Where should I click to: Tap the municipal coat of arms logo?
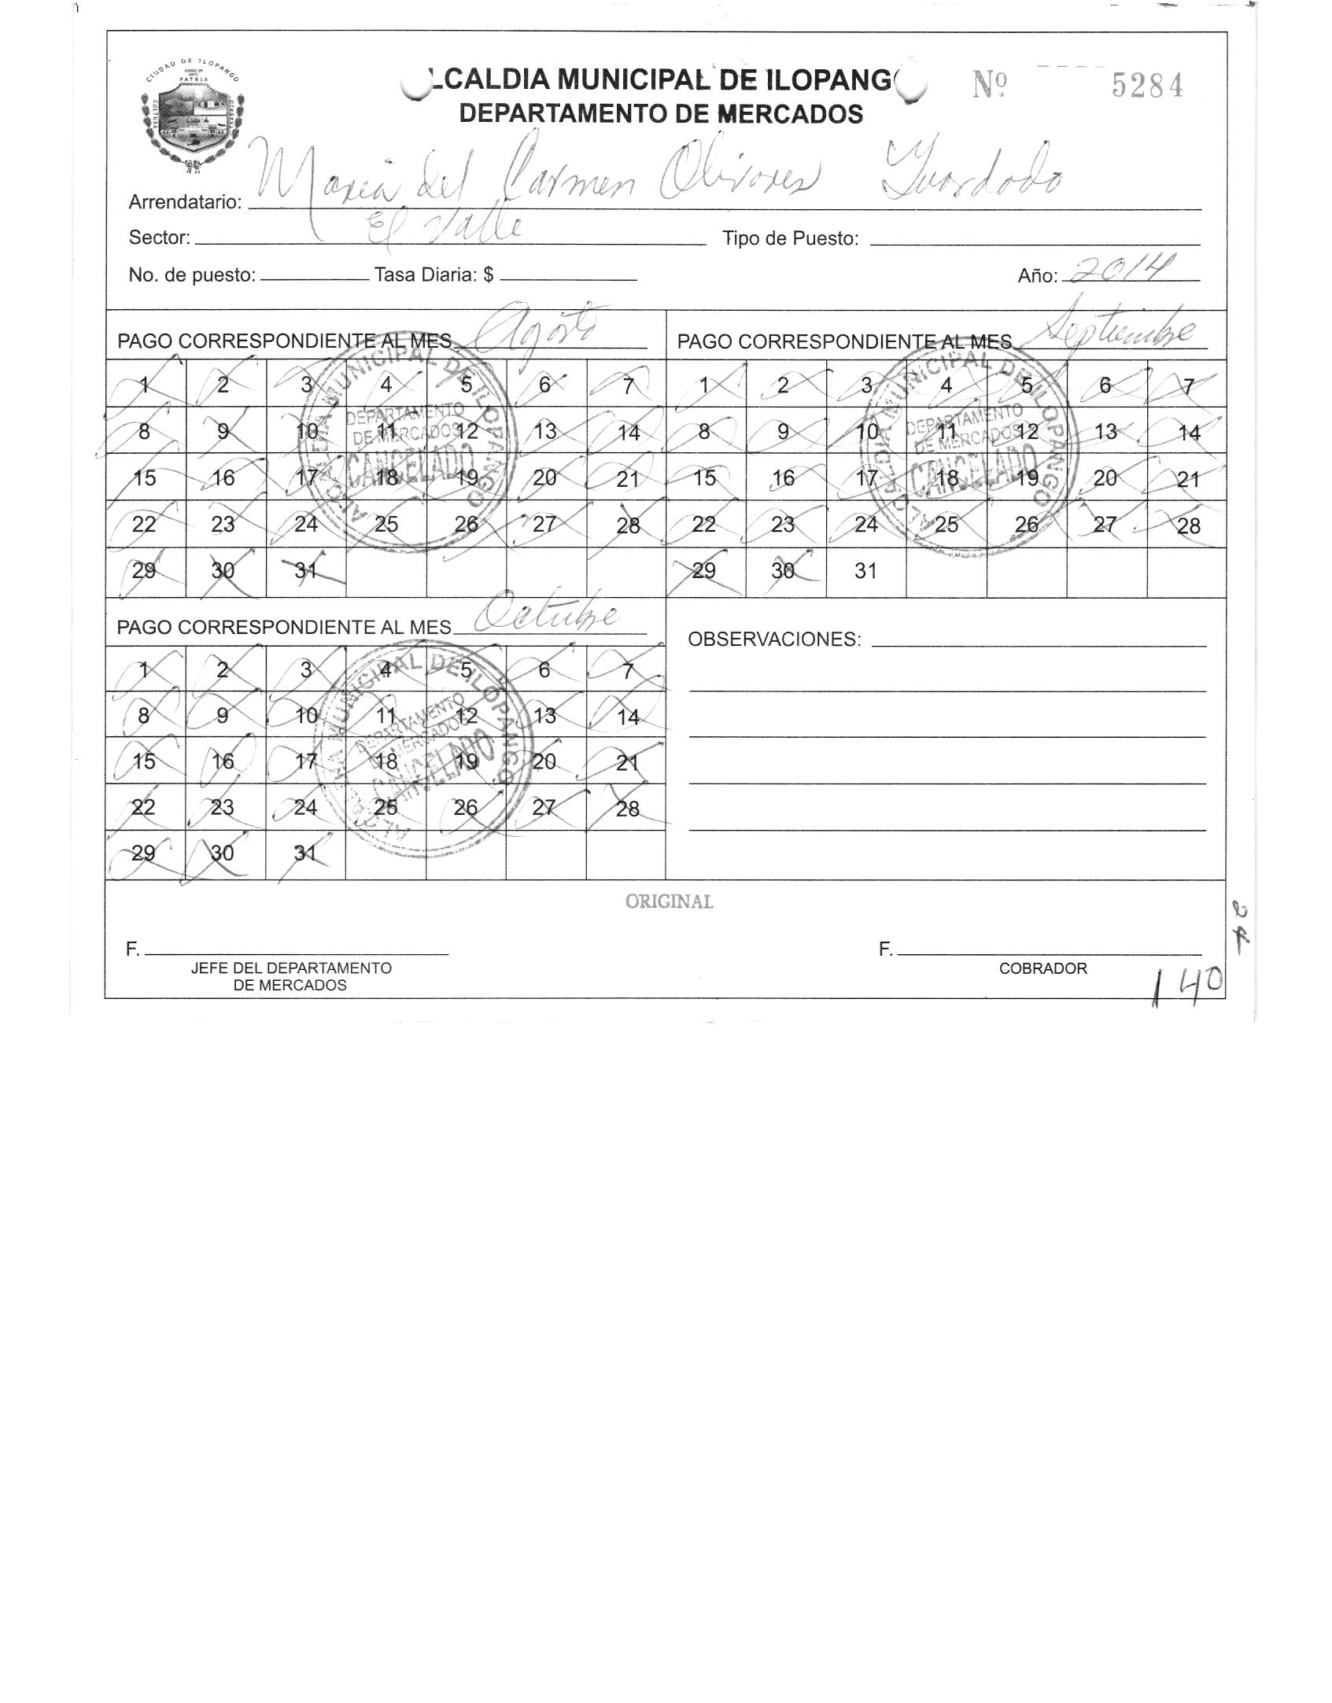(191, 110)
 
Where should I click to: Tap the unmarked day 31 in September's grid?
(865, 571)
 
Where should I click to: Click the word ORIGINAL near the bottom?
(669, 902)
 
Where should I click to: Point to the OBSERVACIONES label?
(774, 640)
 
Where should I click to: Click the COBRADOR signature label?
(1042, 969)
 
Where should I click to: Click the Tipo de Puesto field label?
(790, 238)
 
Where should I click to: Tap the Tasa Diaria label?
(434, 275)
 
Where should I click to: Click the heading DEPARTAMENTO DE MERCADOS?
(661, 114)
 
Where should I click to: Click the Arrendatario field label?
(185, 202)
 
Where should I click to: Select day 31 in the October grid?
(304, 853)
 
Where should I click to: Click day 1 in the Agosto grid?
(145, 385)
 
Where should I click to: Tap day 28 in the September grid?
(1187, 525)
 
